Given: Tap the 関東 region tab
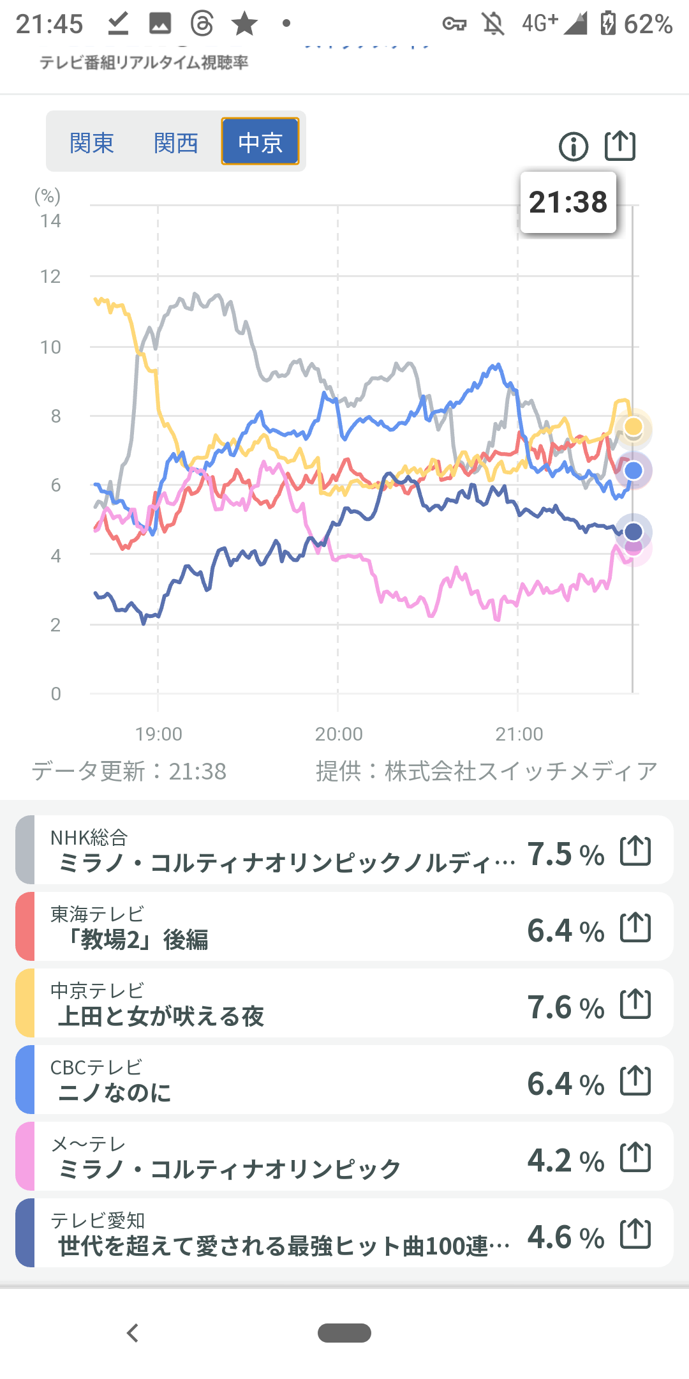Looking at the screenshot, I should click(x=91, y=142).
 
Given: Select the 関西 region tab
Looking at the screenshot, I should click(x=175, y=142).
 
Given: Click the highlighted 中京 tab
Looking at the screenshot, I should click(x=260, y=142).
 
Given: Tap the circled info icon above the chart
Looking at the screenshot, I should click(x=573, y=147).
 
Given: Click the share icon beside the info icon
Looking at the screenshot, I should click(x=619, y=146).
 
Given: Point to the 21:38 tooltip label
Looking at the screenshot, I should click(x=568, y=202).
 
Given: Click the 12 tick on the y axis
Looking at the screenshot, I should click(x=50, y=277).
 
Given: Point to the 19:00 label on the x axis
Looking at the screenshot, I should click(x=158, y=734).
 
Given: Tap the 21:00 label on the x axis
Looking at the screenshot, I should click(x=519, y=734).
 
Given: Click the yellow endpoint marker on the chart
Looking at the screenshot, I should click(x=633, y=426).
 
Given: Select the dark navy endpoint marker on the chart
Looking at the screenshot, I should click(x=633, y=531).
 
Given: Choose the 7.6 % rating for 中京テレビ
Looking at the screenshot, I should click(x=565, y=1007).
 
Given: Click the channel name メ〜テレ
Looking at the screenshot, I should click(x=88, y=1144).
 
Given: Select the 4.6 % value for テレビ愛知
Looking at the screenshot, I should click(x=565, y=1237).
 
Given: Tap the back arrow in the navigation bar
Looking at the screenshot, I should click(x=133, y=1333).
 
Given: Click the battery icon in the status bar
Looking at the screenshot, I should click(x=608, y=24).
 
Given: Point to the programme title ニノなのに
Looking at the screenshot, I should click(x=115, y=1093).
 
